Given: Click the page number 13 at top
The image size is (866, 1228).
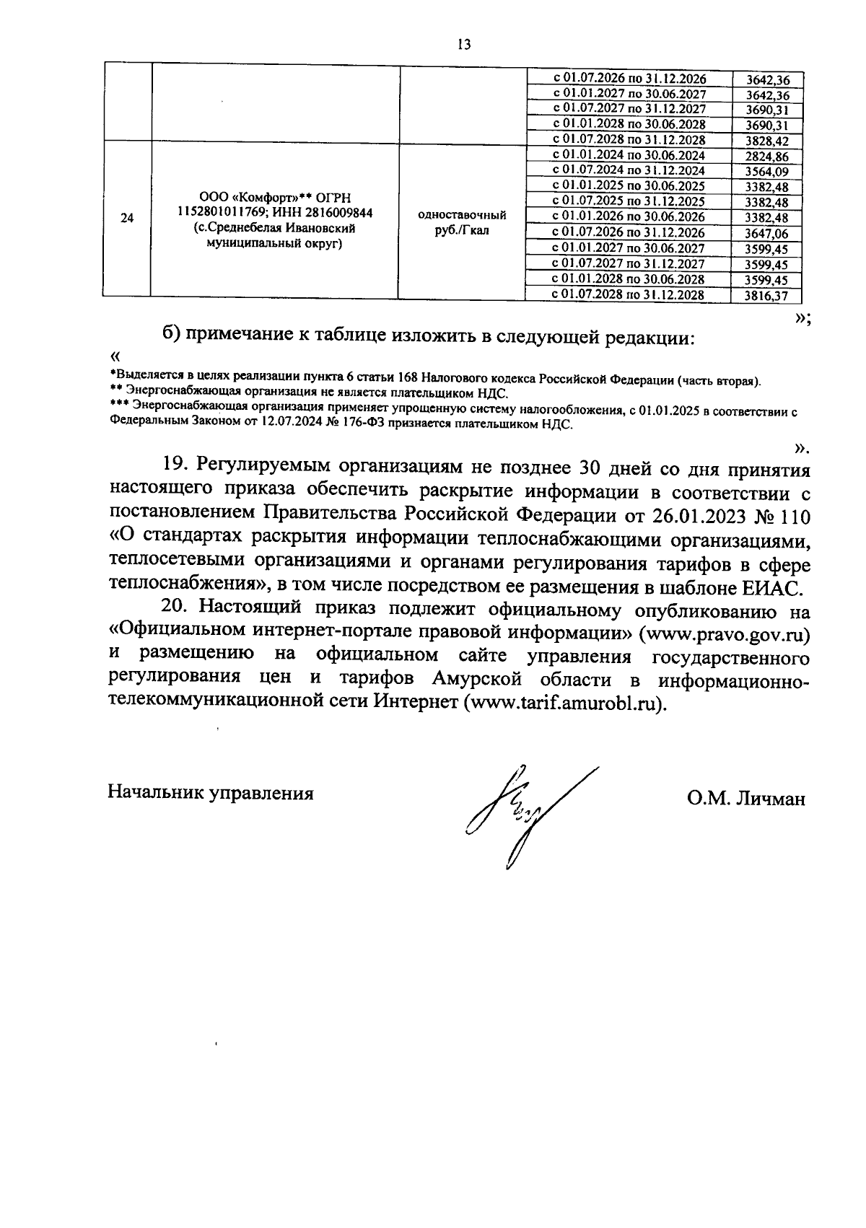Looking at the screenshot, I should pyautogui.click(x=464, y=45).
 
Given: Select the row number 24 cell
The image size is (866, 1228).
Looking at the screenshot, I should pyautogui.click(x=127, y=218).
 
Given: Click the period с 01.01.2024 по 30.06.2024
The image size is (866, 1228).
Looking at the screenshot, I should pyautogui.click(x=627, y=155).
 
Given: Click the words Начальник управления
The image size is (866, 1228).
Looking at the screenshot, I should pyautogui.click(x=210, y=793).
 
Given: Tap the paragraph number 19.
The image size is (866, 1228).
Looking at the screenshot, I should pyautogui.click(x=175, y=464).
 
